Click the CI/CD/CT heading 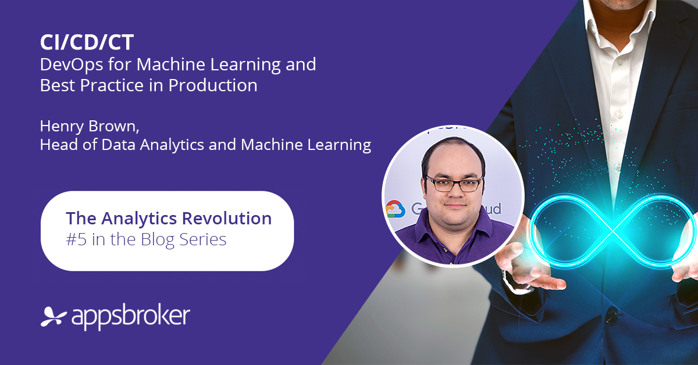pyautogui.click(x=87, y=42)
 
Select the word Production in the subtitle pyautogui.click(x=213, y=85)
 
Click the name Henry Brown pyautogui.click(x=90, y=126)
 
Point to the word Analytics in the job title pyautogui.click(x=172, y=145)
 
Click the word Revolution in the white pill pyautogui.click(x=227, y=219)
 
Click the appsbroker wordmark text pyautogui.click(x=130, y=317)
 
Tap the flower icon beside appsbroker pyautogui.click(x=53, y=317)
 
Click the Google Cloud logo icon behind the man pyautogui.click(x=396, y=209)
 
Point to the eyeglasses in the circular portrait pyautogui.click(x=454, y=184)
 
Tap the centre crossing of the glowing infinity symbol pyautogui.click(x=613, y=231)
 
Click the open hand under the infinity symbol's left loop pyautogui.click(x=526, y=267)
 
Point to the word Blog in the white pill pyautogui.click(x=158, y=239)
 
